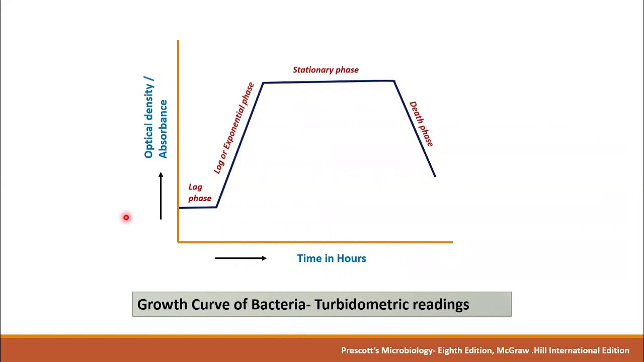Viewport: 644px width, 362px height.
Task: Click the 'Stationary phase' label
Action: tap(326, 70)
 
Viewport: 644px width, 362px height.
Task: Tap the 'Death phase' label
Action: tap(421, 124)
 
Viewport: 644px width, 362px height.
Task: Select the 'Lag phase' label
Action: tap(199, 193)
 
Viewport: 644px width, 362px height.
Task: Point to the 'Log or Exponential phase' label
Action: tap(233, 128)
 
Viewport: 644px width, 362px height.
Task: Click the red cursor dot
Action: tap(126, 218)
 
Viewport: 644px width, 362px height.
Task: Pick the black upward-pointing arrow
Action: tap(161, 196)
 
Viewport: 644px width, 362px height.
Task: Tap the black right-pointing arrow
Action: tap(240, 258)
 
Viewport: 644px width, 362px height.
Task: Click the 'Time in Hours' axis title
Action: tap(332, 258)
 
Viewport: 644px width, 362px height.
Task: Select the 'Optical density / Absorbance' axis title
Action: tap(155, 118)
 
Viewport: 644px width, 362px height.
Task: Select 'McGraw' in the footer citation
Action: tap(513, 350)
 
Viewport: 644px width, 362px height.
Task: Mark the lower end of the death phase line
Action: tap(435, 176)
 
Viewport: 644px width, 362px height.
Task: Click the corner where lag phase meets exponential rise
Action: tap(216, 207)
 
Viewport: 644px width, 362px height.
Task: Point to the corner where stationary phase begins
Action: tap(263, 82)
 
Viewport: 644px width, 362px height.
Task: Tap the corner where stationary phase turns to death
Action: tap(394, 81)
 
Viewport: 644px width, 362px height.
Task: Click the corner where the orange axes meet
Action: tap(178, 242)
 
